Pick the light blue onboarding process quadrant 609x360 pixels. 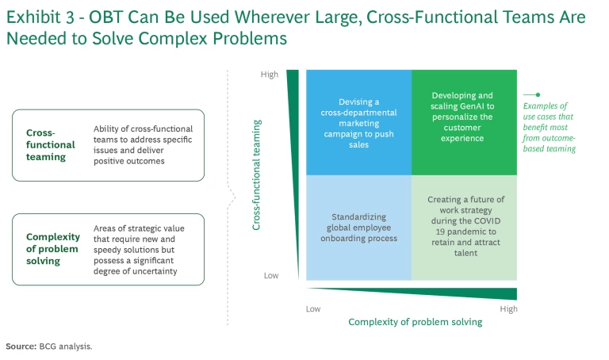(358, 227)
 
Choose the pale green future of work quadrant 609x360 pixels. (463, 227)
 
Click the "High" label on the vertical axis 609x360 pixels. (270, 75)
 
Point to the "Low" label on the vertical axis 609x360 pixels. (270, 275)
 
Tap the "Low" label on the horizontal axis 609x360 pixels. (314, 308)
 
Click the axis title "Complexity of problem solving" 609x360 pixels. (415, 322)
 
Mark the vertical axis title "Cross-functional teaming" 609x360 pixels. (257, 174)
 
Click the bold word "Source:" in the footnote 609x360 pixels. (21, 347)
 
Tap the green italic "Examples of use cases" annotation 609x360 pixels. (549, 127)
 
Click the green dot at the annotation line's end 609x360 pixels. (538, 94)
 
